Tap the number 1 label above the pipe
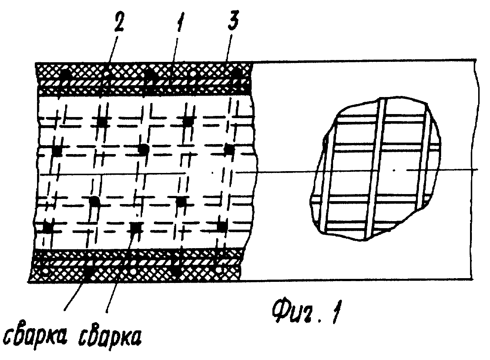pos(180,22)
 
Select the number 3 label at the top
pos(234,21)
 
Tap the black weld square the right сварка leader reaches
pos(136,228)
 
